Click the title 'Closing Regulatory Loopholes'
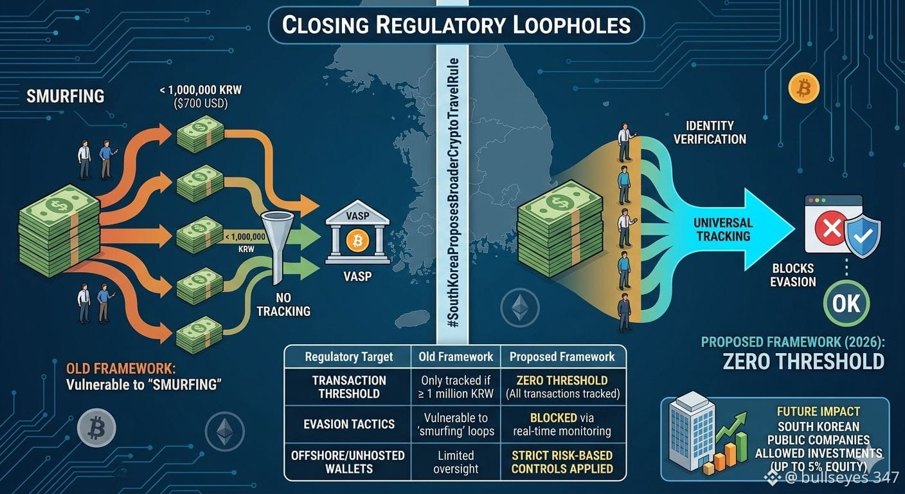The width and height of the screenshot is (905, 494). pyautogui.click(x=456, y=25)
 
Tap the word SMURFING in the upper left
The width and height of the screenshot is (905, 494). pyautogui.click(x=66, y=96)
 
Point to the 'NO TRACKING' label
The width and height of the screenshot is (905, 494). pyautogui.click(x=283, y=304)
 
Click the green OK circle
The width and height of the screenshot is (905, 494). pyautogui.click(x=847, y=303)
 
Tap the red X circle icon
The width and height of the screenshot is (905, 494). pyautogui.click(x=831, y=227)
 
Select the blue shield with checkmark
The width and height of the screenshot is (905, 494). pyautogui.click(x=863, y=235)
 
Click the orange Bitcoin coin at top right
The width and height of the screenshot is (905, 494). pyautogui.click(x=803, y=87)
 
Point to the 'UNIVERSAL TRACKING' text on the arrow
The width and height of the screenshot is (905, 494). pyautogui.click(x=723, y=229)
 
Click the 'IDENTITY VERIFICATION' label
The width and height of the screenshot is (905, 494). pyautogui.click(x=710, y=133)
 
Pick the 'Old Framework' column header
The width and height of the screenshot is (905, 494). pyautogui.click(x=456, y=356)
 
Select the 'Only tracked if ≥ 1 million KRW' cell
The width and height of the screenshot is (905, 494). pyautogui.click(x=456, y=387)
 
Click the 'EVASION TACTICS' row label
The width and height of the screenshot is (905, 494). pyautogui.click(x=349, y=424)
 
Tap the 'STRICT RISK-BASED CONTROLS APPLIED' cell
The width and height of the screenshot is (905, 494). pyautogui.click(x=562, y=462)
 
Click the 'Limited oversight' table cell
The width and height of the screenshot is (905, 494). pyautogui.click(x=456, y=462)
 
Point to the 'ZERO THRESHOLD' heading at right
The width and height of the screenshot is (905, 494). pyautogui.click(x=803, y=361)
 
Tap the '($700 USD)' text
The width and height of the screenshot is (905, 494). pyautogui.click(x=201, y=104)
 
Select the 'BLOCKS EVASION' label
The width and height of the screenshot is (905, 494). pyautogui.click(x=793, y=275)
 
